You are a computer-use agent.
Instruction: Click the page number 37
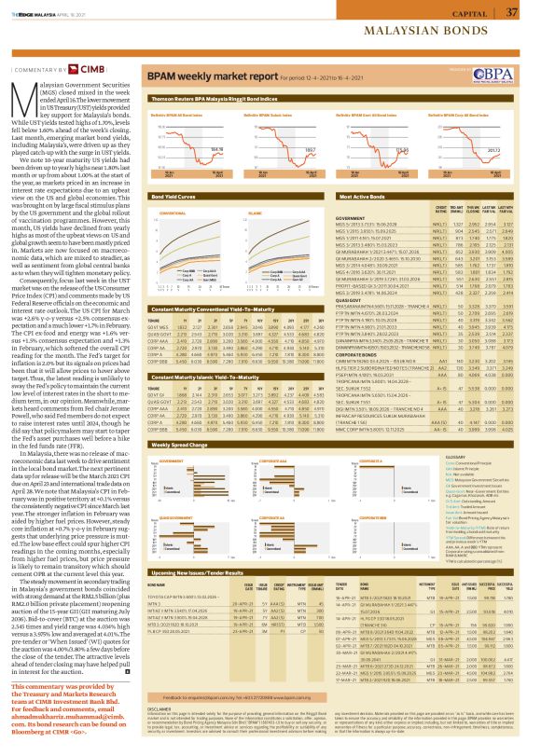point(512,12)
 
